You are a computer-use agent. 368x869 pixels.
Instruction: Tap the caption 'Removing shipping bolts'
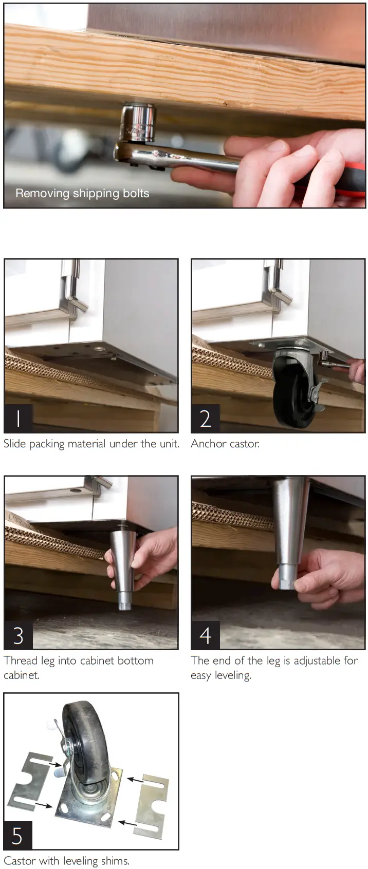coord(82,194)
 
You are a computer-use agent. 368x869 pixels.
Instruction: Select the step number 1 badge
coord(19,418)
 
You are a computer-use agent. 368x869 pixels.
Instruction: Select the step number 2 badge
coord(205,418)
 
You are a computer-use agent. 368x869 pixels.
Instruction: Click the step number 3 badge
coord(19,635)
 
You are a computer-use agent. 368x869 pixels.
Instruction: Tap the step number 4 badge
coord(205,635)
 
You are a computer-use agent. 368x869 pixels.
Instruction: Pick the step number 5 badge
coord(17,836)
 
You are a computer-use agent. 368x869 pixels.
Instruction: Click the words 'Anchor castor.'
coord(225,444)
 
